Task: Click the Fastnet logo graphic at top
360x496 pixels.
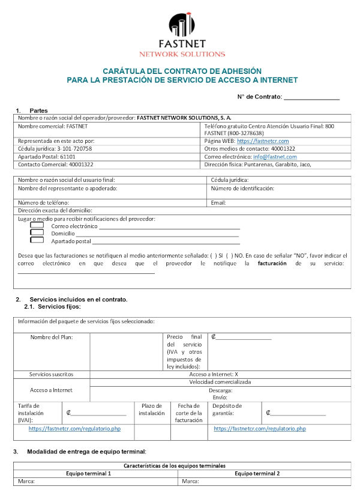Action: coord(182,25)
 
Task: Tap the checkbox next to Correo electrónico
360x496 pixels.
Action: coord(37,226)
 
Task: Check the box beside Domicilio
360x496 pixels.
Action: coord(37,233)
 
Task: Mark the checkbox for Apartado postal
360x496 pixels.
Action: coord(37,240)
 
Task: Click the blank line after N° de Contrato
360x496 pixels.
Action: coord(311,97)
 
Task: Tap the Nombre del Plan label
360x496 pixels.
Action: coord(52,337)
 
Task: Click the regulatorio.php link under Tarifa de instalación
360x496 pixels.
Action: coord(74,429)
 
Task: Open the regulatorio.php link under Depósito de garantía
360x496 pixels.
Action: coord(260,429)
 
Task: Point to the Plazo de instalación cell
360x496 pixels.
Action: coord(152,410)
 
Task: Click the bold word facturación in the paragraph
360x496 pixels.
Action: coord(272,264)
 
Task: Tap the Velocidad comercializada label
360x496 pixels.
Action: coord(220,382)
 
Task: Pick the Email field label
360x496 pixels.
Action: coord(218,203)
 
